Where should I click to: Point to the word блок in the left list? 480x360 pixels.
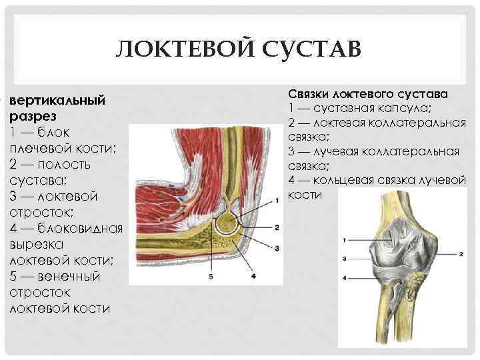[x=63, y=132]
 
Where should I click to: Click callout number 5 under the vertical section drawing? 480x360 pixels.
[x=211, y=275]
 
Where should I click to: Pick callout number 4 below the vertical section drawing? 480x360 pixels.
[x=253, y=275]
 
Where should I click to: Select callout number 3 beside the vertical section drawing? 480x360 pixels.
[x=277, y=247]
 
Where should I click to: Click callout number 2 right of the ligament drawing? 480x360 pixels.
[x=461, y=254]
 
